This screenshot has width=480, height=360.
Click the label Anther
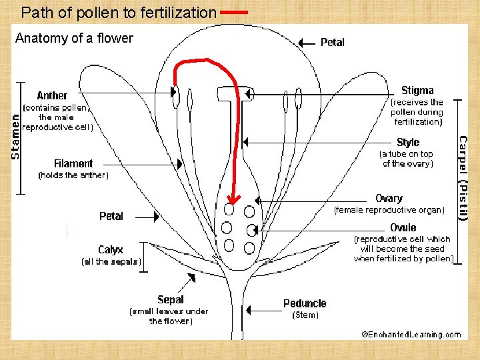(x=52, y=96)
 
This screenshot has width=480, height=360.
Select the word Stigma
(x=417, y=91)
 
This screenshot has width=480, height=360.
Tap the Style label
(x=408, y=143)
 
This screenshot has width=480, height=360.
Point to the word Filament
(x=73, y=163)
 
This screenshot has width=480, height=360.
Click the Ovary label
(x=389, y=199)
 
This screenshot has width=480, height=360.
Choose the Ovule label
(x=403, y=228)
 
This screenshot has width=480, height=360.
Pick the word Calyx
(x=111, y=250)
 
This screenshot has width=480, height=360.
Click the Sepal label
(x=170, y=300)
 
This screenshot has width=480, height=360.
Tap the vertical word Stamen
(x=16, y=135)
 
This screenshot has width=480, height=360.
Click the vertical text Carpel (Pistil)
(x=463, y=178)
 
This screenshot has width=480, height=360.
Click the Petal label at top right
(x=332, y=43)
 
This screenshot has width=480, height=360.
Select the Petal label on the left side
(x=111, y=216)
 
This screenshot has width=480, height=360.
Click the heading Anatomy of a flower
(x=74, y=39)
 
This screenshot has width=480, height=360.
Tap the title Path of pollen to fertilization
(x=119, y=12)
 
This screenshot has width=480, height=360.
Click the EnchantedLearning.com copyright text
(x=411, y=334)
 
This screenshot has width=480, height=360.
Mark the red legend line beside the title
(x=234, y=12)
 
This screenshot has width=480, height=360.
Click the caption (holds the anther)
(x=73, y=175)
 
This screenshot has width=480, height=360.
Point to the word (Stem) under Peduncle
(x=306, y=315)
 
